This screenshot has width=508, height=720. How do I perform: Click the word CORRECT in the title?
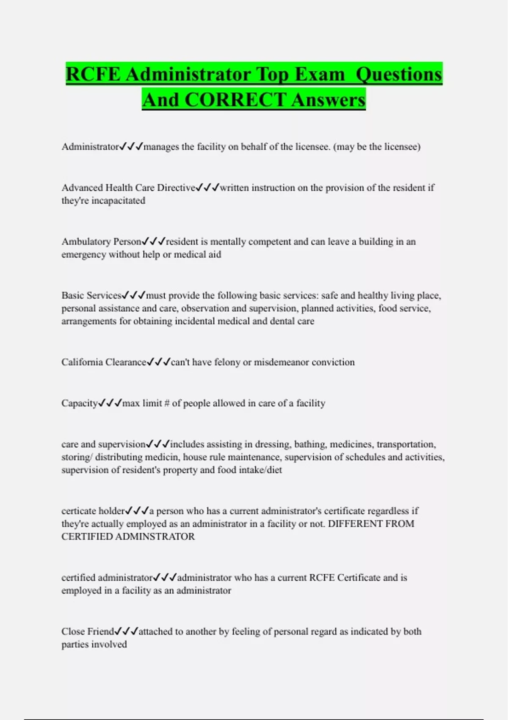tap(235, 100)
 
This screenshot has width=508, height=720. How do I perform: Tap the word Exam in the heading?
tap(320, 75)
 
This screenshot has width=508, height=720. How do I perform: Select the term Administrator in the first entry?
tap(90, 147)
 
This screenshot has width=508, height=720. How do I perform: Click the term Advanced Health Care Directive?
tap(128, 188)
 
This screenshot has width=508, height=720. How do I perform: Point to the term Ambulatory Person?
tap(101, 241)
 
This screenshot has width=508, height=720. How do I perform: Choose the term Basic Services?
tap(91, 295)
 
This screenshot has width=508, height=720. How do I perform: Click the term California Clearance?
tap(104, 362)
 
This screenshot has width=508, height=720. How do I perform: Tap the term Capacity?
tap(80, 403)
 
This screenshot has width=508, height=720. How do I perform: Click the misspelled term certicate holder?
tap(93, 511)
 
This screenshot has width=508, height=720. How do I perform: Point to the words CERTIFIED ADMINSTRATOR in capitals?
tap(128, 537)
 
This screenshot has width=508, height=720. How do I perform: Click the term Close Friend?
tap(88, 631)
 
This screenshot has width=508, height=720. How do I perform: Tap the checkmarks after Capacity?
tap(110, 403)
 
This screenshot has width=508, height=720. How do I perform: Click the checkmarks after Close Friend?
tap(127, 631)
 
